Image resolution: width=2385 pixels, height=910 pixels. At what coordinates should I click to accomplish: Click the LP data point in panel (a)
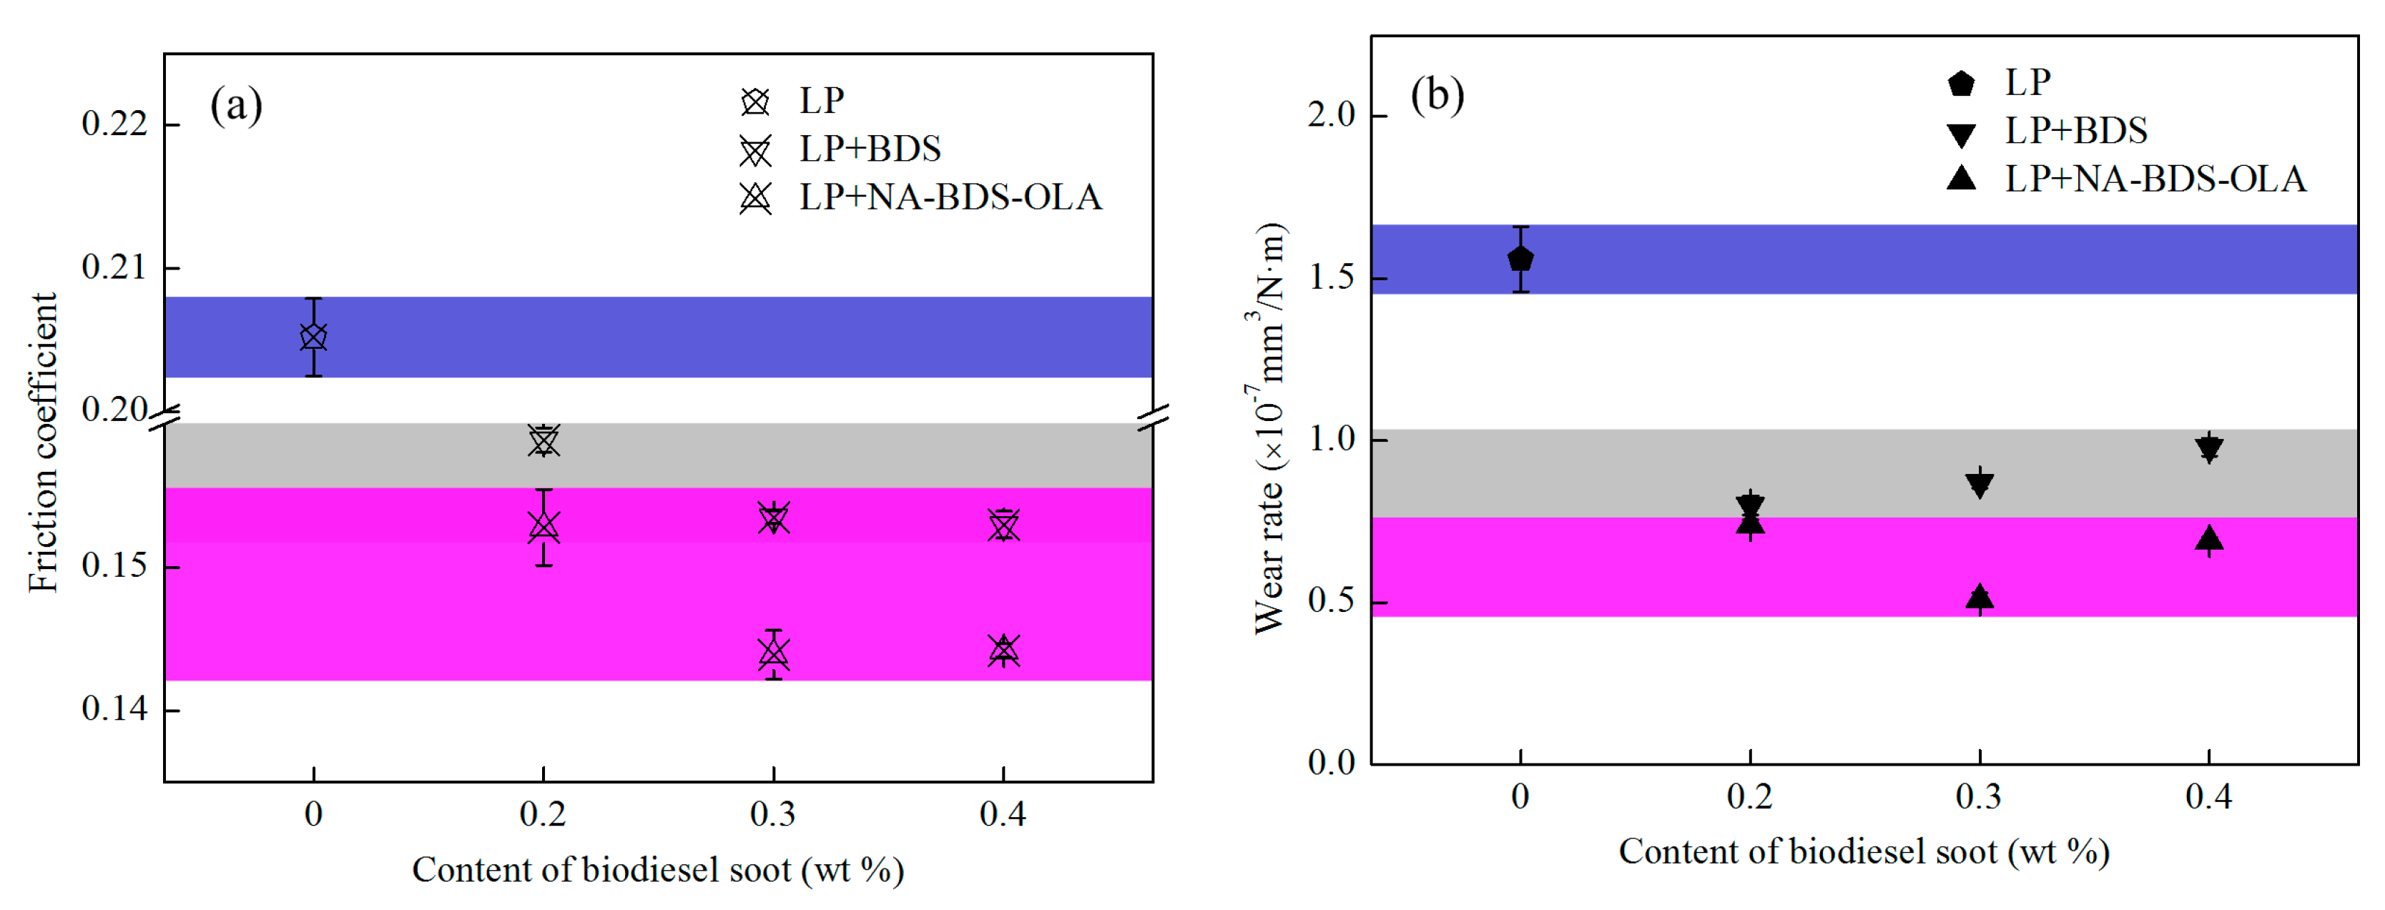pos(314,337)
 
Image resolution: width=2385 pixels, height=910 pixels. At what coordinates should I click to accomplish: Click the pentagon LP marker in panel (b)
pos(1520,259)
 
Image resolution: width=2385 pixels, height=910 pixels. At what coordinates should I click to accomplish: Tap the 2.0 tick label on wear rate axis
pos(1332,116)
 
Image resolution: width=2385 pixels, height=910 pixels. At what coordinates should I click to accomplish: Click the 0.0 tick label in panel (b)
pos(1332,763)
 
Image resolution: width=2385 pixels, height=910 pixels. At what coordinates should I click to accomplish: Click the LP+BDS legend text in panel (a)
pos(870,149)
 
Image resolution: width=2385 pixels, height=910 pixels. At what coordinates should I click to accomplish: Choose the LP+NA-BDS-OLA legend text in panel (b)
pos(2155,179)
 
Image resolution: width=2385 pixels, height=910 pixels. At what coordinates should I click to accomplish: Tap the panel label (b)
pos(1437,95)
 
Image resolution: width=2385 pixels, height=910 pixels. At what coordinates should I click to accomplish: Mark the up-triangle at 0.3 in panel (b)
pos(1980,597)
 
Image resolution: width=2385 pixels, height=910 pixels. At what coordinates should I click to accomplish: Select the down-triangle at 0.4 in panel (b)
pos(2209,449)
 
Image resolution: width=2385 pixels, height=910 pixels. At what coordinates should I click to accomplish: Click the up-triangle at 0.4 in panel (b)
pos(2209,539)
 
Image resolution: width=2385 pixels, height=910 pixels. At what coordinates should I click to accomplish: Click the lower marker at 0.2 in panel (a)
pos(544,527)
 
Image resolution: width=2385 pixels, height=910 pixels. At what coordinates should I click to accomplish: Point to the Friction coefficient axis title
pos(43,442)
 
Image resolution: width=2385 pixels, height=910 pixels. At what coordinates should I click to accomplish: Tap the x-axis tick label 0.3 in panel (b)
pos(1979,797)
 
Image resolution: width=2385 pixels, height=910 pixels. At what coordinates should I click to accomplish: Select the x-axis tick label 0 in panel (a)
pos(314,815)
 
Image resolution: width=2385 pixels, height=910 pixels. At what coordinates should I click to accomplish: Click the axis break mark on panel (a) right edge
pos(1154,417)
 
